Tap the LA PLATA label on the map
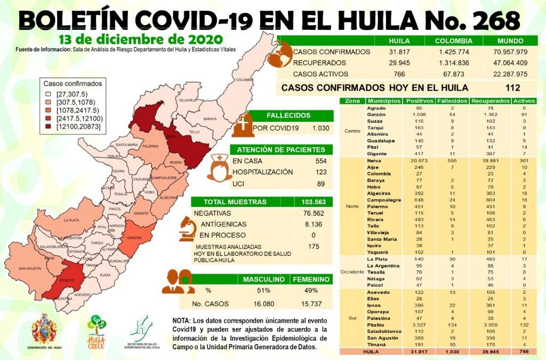point(71,220)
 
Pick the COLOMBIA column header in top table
point(453,41)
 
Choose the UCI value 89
point(320,183)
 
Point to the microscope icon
point(187,228)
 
